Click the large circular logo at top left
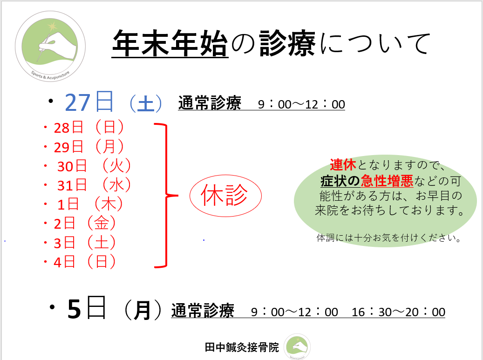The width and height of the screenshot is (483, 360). click(50, 46)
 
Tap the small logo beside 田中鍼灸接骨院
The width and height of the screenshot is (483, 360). click(297, 347)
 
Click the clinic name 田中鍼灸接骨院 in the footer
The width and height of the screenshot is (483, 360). click(242, 347)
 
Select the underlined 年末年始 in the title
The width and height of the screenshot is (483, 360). click(170, 44)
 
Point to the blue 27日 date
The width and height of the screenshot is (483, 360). click(89, 102)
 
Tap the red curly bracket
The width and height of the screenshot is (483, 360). click(165, 196)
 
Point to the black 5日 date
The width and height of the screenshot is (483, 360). click(87, 309)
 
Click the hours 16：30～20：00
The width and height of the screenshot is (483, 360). click(398, 312)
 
